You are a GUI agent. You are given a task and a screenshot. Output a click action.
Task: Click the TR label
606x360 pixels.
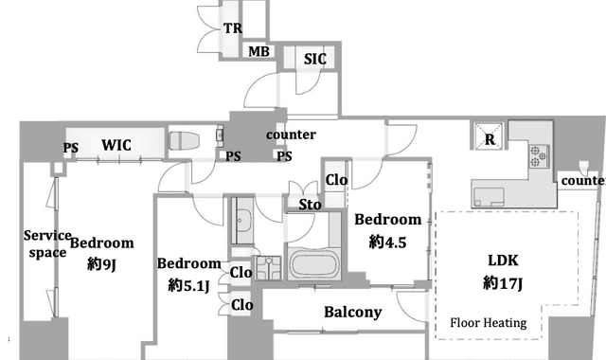click(x=233, y=28)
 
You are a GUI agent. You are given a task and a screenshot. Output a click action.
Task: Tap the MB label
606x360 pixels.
click(x=258, y=51)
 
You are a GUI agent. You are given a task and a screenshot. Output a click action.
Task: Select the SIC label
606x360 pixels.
click(x=315, y=59)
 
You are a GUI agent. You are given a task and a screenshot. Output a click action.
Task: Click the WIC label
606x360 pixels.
click(x=116, y=145)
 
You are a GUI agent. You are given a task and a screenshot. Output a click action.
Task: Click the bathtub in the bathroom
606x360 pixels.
click(x=313, y=264)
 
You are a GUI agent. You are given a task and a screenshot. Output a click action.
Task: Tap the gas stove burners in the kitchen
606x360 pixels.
click(x=539, y=155)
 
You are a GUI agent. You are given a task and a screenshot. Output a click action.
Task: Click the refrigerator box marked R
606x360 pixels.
click(x=490, y=135)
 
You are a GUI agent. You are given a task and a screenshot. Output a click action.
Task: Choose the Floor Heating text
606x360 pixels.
click(x=489, y=323)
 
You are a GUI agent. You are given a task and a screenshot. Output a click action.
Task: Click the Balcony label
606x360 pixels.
click(x=353, y=313)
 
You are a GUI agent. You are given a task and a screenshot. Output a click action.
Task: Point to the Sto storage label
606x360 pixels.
click(x=310, y=205)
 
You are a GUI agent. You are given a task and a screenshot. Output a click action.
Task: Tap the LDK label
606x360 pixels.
click(x=503, y=261)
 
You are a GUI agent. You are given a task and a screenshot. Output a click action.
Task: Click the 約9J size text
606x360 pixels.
click(x=102, y=264)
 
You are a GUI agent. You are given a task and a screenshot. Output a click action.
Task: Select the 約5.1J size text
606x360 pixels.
click(x=189, y=286)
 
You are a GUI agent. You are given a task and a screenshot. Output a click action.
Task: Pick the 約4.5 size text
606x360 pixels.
click(x=387, y=243)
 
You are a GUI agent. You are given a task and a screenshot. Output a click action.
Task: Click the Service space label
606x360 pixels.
click(x=47, y=244)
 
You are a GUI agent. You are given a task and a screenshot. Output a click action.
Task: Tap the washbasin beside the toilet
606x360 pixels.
click(x=220, y=135)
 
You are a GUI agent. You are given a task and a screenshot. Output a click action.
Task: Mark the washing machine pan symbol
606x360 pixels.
click(x=268, y=267)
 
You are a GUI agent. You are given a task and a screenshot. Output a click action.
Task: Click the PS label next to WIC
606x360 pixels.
click(x=71, y=148)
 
